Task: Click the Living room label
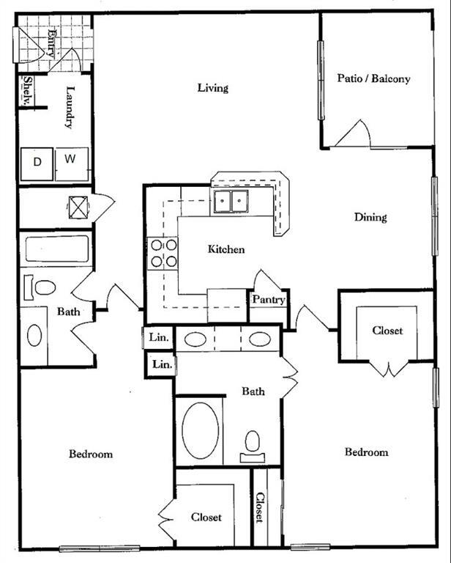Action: [x=213, y=88]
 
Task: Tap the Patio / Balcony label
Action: [x=373, y=78]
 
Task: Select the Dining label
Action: [x=370, y=217]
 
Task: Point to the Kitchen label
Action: [x=226, y=249]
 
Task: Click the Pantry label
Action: [x=268, y=300]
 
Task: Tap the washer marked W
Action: [x=71, y=159]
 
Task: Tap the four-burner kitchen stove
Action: [x=163, y=253]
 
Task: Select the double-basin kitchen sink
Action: [x=231, y=199]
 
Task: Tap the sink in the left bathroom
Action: [x=34, y=336]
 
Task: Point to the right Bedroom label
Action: [x=366, y=452]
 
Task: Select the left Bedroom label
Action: [x=91, y=454]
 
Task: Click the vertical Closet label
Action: [x=260, y=508]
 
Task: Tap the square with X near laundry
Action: [x=78, y=207]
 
